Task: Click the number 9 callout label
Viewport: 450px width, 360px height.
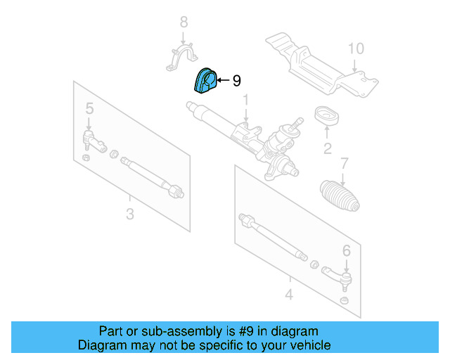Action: pos(236,81)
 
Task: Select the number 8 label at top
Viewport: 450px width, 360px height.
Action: pos(184,22)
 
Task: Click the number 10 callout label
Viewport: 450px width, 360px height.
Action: pos(356,49)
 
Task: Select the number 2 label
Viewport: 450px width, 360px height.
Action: pos(327,148)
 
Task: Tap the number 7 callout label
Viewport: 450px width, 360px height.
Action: pos(344,164)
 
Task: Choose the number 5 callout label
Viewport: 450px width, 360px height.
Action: pos(89,108)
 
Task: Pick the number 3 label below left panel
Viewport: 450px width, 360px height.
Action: pos(129,213)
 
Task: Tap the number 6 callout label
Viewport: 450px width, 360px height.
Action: pos(346,250)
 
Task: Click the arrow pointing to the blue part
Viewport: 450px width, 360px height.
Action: pos(223,81)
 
